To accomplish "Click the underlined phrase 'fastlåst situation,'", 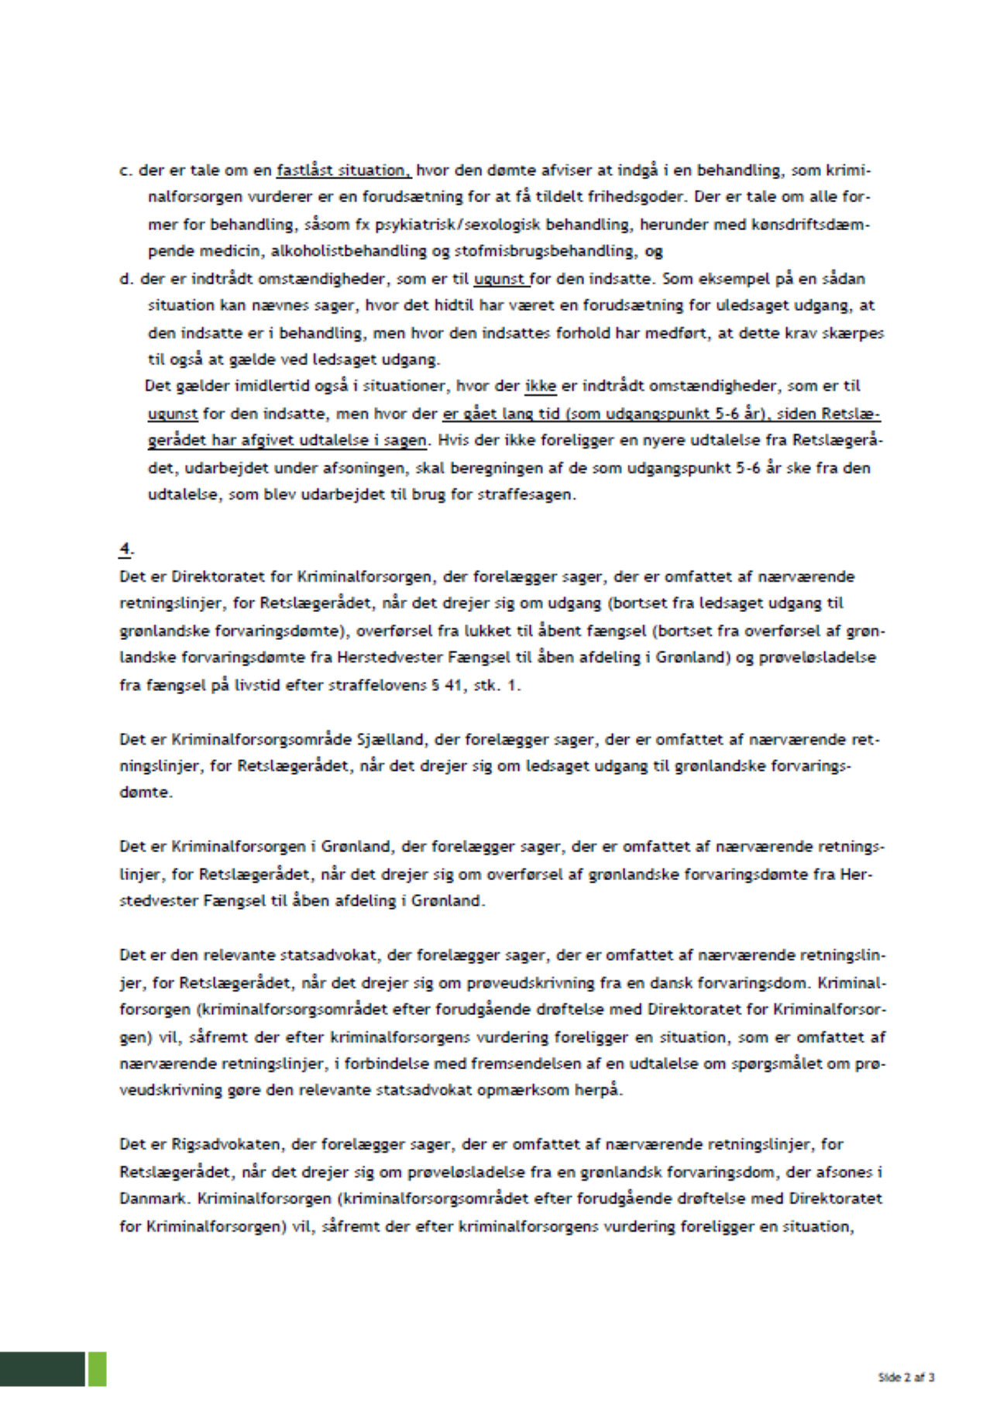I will [343, 170].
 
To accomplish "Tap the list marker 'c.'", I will [125, 170].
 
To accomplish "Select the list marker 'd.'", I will [126, 279].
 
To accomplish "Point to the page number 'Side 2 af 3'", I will [906, 1377].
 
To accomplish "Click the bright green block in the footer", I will [97, 1369].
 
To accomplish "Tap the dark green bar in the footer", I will [42, 1369].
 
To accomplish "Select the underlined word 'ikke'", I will [541, 387].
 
